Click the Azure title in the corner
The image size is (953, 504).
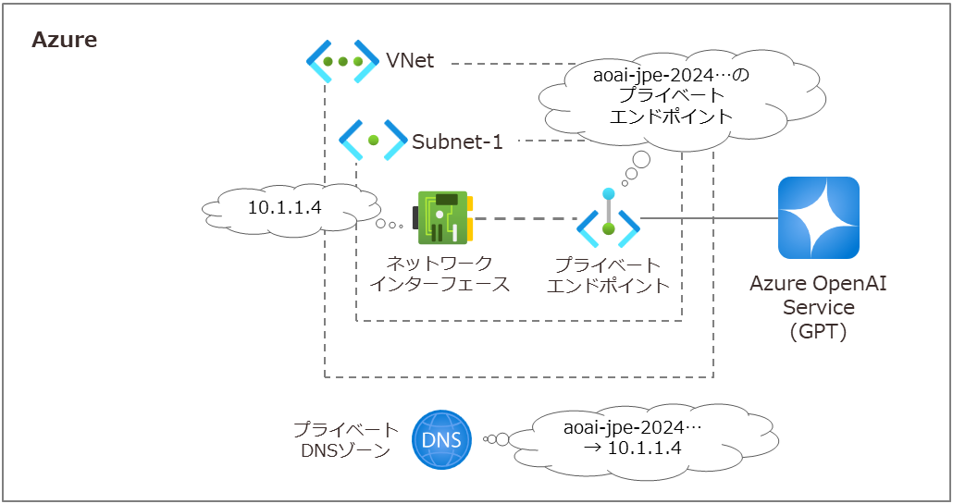64,41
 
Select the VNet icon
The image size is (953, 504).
343,62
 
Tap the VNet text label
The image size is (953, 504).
410,62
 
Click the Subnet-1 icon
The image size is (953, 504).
373,141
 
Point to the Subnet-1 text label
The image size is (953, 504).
457,141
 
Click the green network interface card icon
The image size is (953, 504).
445,218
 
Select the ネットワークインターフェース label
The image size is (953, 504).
439,275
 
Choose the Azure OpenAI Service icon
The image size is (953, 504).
819,217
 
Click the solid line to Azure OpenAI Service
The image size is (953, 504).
708,219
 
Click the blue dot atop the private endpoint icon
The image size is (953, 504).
608,193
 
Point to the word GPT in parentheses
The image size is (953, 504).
819,331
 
